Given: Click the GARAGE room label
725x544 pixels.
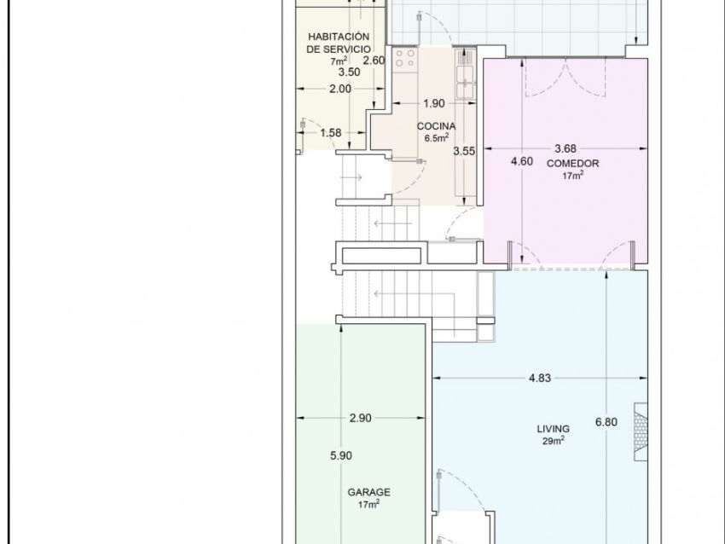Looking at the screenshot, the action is pyautogui.click(x=368, y=492).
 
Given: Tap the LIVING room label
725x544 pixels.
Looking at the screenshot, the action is pyautogui.click(x=553, y=429).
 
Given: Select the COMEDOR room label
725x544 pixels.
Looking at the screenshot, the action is pyautogui.click(x=572, y=163).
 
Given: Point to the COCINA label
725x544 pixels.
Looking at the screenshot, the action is pyautogui.click(x=436, y=126).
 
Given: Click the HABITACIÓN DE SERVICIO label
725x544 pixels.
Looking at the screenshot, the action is pyautogui.click(x=339, y=43).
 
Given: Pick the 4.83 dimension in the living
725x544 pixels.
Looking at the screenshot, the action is pyautogui.click(x=540, y=378).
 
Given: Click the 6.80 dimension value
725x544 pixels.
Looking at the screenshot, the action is pyautogui.click(x=606, y=422).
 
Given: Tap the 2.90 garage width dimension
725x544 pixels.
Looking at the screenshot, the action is pyautogui.click(x=361, y=418).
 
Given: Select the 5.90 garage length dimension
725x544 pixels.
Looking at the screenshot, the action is pyautogui.click(x=341, y=455).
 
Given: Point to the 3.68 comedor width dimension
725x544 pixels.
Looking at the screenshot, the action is pyautogui.click(x=565, y=148).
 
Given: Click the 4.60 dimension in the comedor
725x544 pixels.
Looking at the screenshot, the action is pyautogui.click(x=521, y=161).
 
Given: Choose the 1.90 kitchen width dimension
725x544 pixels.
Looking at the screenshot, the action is pyautogui.click(x=434, y=103).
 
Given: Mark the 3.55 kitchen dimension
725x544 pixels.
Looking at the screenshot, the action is pyautogui.click(x=464, y=151).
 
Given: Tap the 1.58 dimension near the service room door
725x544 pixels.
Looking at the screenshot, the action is pyautogui.click(x=331, y=133).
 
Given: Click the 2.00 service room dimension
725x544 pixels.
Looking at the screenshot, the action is pyautogui.click(x=340, y=89).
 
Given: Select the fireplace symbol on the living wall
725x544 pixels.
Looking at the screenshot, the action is pyautogui.click(x=641, y=431).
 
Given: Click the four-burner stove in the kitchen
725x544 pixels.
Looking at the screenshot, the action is pyautogui.click(x=405, y=58).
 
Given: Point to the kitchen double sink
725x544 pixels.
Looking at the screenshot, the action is pyautogui.click(x=465, y=82).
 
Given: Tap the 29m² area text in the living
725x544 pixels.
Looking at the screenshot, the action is pyautogui.click(x=553, y=441).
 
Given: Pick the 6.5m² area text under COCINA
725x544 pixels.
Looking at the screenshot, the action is pyautogui.click(x=437, y=138).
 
